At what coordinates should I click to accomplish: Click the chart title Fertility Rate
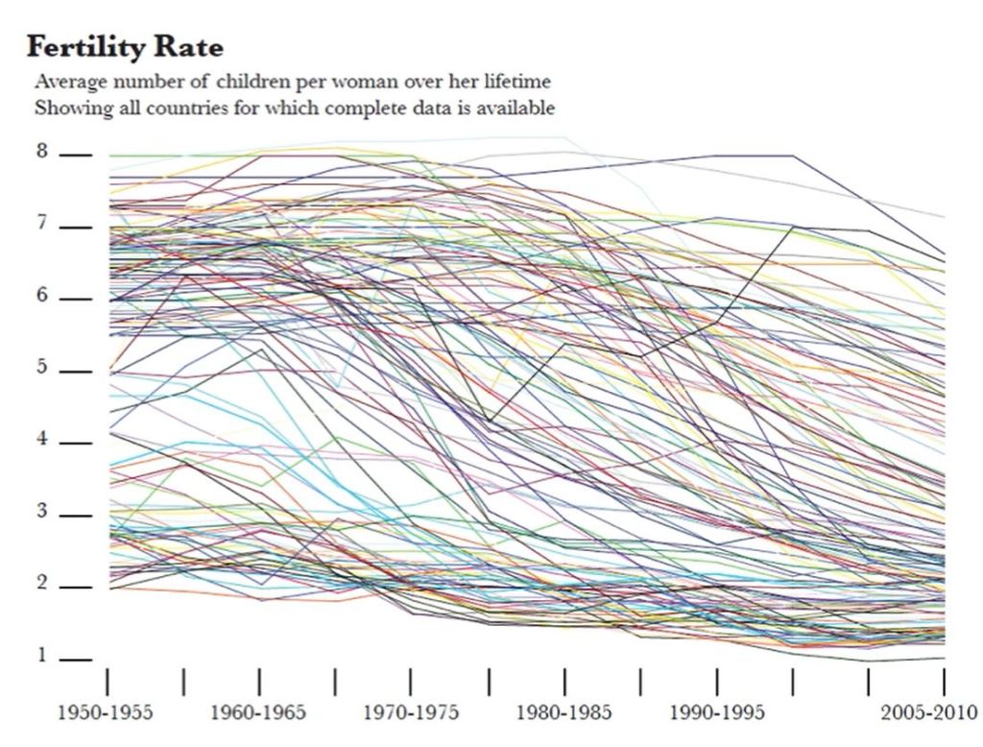click(x=125, y=46)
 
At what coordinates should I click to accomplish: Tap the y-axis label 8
click(x=41, y=154)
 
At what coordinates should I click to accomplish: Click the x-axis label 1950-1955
click(x=106, y=713)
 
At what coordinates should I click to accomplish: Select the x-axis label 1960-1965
click(x=258, y=713)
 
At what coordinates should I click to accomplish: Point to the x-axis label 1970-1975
click(x=411, y=713)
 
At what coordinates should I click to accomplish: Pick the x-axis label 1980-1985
click(x=564, y=713)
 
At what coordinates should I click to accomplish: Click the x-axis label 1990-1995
click(x=717, y=713)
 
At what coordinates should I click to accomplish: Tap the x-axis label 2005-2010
click(x=927, y=713)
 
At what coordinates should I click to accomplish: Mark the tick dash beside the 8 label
click(x=77, y=155)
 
